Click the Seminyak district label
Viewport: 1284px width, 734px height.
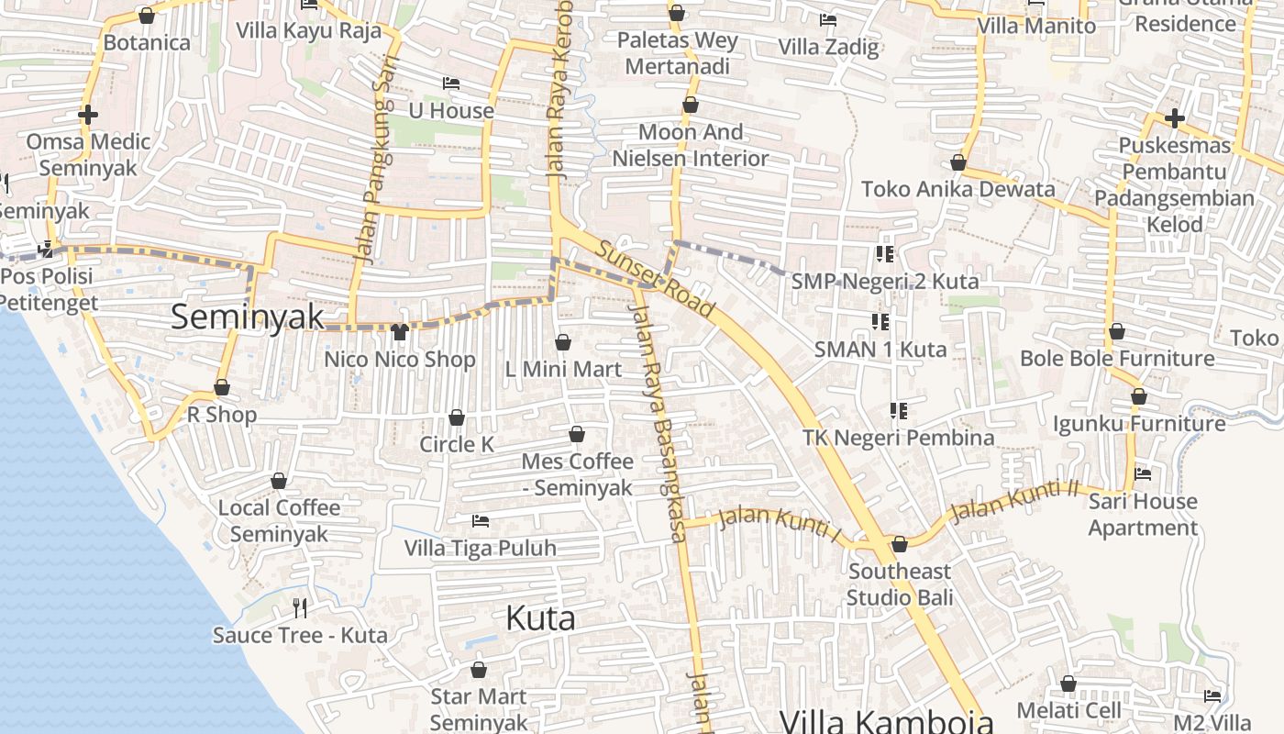tap(248, 317)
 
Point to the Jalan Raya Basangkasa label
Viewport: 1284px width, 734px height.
tap(658, 422)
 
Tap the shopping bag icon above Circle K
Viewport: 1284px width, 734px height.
tap(457, 417)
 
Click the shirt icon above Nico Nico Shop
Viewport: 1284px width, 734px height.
tap(400, 331)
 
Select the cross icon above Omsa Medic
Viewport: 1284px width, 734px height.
tap(88, 115)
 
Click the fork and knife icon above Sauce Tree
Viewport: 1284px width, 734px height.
tap(300, 606)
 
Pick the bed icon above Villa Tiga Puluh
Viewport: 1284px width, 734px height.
tap(480, 521)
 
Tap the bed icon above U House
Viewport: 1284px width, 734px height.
tap(450, 83)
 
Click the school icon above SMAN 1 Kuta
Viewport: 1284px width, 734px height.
tap(880, 321)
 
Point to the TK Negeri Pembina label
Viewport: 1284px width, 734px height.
tap(899, 438)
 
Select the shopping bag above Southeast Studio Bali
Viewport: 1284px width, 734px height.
tap(899, 544)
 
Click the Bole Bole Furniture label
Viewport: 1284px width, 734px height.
tap(1117, 358)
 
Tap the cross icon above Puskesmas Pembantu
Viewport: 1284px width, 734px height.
tap(1174, 117)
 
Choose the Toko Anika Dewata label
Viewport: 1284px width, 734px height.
tap(957, 189)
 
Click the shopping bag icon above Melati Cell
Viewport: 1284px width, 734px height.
tap(1068, 684)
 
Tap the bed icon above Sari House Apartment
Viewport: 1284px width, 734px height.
tap(1143, 474)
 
